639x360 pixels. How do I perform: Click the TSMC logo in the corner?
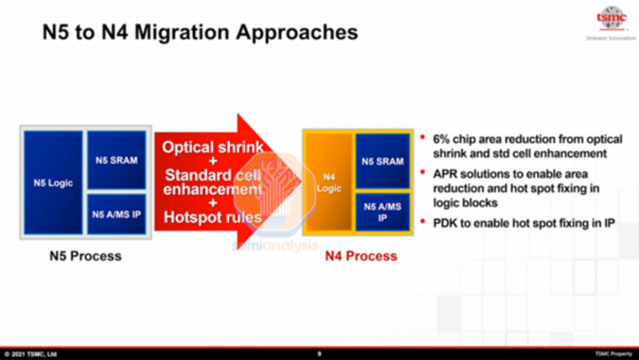pos(611,19)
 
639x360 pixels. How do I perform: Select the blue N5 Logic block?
pos(53,182)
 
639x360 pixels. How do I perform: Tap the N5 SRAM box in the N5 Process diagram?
pos(117,160)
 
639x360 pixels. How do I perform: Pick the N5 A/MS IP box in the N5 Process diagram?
pos(117,214)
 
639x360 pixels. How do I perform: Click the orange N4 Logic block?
pos(329,182)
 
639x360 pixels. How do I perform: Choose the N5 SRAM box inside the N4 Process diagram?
pos(382,161)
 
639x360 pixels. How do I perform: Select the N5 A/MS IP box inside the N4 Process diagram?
pos(382,212)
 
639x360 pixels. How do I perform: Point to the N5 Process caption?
pos(86,256)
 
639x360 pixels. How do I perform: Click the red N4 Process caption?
pos(361,256)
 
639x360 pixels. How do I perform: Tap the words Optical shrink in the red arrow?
pos(213,147)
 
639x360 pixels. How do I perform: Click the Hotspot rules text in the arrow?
pos(212,217)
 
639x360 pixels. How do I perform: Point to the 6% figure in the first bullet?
pos(441,139)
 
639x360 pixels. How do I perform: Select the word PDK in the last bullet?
pos(444,223)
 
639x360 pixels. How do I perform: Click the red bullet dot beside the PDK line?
pos(422,221)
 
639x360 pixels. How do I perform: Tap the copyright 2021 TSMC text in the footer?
pos(30,354)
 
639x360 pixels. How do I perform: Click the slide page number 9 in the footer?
pos(319,354)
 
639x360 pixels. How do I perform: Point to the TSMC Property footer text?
pos(614,354)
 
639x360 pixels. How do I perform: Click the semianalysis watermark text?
pos(275,245)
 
